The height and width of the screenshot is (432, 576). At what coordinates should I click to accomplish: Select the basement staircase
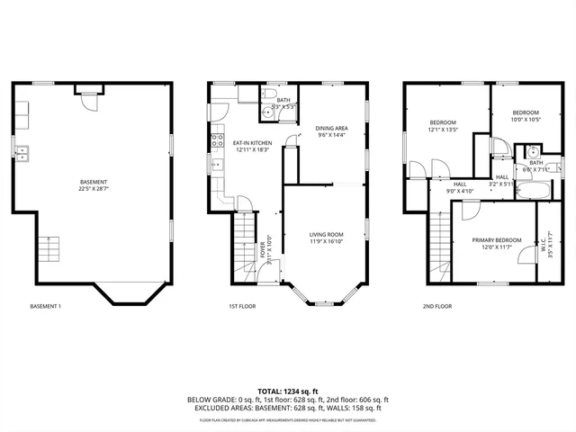point(51,247)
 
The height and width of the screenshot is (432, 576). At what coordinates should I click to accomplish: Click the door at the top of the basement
point(86,98)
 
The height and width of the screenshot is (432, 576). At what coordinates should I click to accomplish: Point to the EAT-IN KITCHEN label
point(252,143)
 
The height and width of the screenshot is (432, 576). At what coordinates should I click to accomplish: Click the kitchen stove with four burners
point(217,140)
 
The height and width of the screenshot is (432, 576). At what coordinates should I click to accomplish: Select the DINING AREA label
point(331,129)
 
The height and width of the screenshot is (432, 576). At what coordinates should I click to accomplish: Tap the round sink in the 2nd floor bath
point(532,152)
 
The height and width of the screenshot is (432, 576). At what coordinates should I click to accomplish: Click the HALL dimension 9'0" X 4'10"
point(460,191)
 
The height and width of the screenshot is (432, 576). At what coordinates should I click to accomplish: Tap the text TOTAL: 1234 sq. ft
point(287,391)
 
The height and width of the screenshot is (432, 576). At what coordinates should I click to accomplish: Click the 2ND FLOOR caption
point(437,306)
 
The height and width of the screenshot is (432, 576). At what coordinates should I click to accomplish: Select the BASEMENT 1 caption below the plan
point(45,306)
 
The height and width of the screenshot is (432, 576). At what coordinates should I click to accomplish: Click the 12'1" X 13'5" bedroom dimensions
point(443,130)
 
